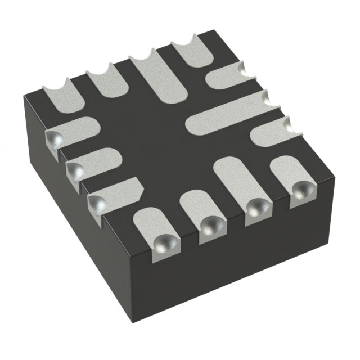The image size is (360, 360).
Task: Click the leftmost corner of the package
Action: click(24, 99)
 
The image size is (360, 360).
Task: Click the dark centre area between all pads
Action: click(152, 135)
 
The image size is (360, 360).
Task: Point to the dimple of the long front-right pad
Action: click(257, 208)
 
